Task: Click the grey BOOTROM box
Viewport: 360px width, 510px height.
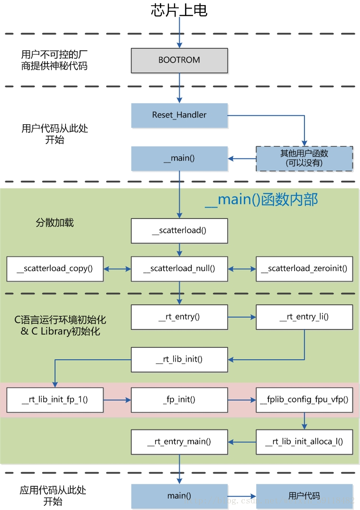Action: (x=179, y=60)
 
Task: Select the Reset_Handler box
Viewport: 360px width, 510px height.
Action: (x=179, y=115)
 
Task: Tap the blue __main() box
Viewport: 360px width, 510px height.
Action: (x=179, y=158)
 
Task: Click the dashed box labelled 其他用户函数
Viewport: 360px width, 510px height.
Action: (x=304, y=158)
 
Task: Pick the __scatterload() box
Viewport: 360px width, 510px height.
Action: (x=179, y=231)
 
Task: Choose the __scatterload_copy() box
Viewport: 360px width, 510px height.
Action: (x=55, y=269)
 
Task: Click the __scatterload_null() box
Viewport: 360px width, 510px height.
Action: (x=179, y=269)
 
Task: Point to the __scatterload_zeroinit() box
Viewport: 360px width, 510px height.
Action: (x=304, y=269)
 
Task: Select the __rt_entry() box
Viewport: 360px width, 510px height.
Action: (x=179, y=317)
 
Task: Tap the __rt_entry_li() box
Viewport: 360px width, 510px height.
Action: (x=304, y=317)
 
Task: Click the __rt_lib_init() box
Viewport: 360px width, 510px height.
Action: (x=179, y=359)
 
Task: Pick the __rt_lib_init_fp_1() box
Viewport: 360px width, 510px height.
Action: (x=55, y=400)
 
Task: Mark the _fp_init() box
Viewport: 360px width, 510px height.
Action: (x=179, y=400)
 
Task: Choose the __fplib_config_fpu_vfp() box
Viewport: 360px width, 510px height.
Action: (x=304, y=400)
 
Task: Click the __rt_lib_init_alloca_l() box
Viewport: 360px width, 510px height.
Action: (x=304, y=442)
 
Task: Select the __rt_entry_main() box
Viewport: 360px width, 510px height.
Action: (x=179, y=442)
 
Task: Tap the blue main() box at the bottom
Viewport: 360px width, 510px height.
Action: (x=179, y=496)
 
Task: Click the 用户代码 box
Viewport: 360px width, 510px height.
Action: (x=304, y=496)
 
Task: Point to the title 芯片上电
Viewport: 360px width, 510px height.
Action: (x=179, y=10)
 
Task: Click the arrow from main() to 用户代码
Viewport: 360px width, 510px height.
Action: (x=242, y=496)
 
